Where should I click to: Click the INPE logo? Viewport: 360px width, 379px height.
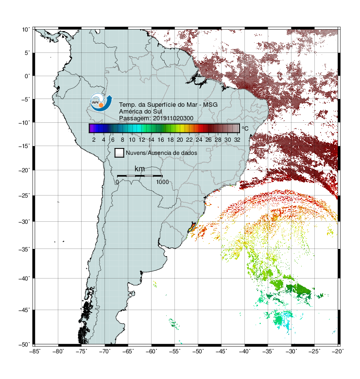pyautogui.click(x=101, y=102)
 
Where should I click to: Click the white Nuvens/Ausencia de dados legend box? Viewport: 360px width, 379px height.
pyautogui.click(x=120, y=153)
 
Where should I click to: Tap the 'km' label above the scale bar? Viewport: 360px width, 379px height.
pyautogui.click(x=139, y=169)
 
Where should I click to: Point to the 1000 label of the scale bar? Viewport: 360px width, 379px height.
pyautogui.click(x=162, y=182)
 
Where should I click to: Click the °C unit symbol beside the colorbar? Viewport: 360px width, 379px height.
pyautogui.click(x=245, y=128)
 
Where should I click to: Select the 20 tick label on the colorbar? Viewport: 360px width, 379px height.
pyautogui.click(x=180, y=140)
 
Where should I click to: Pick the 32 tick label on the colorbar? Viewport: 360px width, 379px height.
pyautogui.click(x=237, y=140)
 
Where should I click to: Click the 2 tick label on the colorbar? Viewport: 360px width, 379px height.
pyautogui.click(x=94, y=140)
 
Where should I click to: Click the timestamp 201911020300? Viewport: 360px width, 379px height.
pyautogui.click(x=173, y=118)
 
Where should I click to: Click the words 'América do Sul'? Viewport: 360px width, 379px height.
pyautogui.click(x=140, y=112)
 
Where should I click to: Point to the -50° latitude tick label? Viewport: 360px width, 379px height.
pyautogui.click(x=24, y=345)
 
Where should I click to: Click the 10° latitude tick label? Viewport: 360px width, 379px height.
pyautogui.click(x=26, y=30)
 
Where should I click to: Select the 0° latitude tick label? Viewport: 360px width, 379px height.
pyautogui.click(x=27, y=76)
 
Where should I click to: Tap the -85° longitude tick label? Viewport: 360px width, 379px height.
pyautogui.click(x=34, y=351)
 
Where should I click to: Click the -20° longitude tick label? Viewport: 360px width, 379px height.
pyautogui.click(x=338, y=351)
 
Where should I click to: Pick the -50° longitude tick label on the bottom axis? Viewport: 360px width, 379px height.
pyautogui.click(x=198, y=351)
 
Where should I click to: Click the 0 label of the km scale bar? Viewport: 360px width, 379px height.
pyautogui.click(x=117, y=182)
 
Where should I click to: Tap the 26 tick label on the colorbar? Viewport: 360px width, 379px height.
pyautogui.click(x=208, y=140)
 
